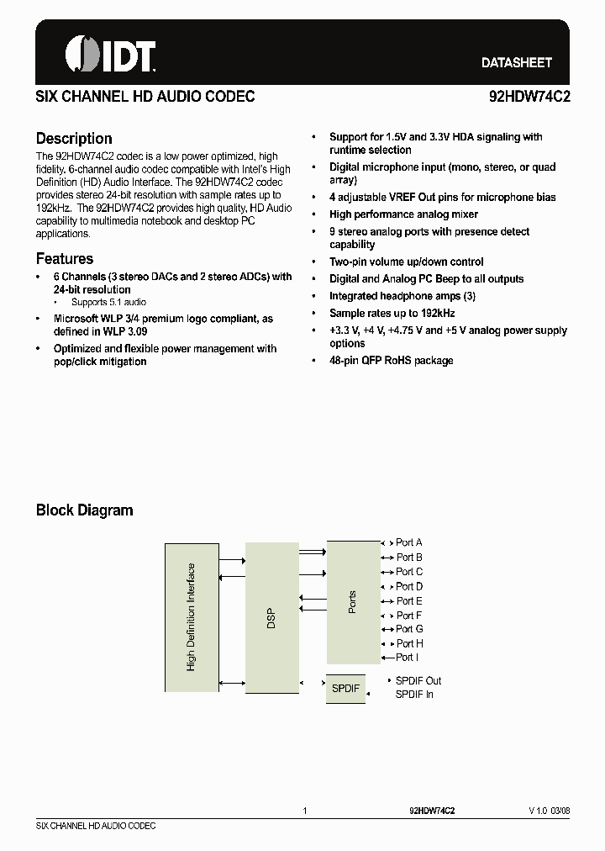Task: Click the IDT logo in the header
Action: coord(110,56)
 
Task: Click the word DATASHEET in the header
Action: coord(516,63)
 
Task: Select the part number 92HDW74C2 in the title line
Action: coord(529,97)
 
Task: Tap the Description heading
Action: coord(74,139)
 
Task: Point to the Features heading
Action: coord(65,259)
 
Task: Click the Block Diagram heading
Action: coord(84,510)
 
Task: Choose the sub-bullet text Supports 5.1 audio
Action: coord(108,302)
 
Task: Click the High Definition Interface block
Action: coord(192,616)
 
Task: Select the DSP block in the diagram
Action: coord(271,618)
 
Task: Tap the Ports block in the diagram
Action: coord(353,601)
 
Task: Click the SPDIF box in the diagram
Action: coord(345,688)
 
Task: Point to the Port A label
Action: coord(409,543)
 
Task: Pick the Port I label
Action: coord(407,658)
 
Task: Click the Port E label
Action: coord(409,600)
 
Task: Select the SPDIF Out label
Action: coord(418,680)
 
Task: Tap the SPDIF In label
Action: coord(414,694)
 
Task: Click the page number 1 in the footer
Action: coord(305,811)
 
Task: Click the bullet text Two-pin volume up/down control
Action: coord(407,262)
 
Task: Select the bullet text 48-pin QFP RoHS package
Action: coord(392,360)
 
